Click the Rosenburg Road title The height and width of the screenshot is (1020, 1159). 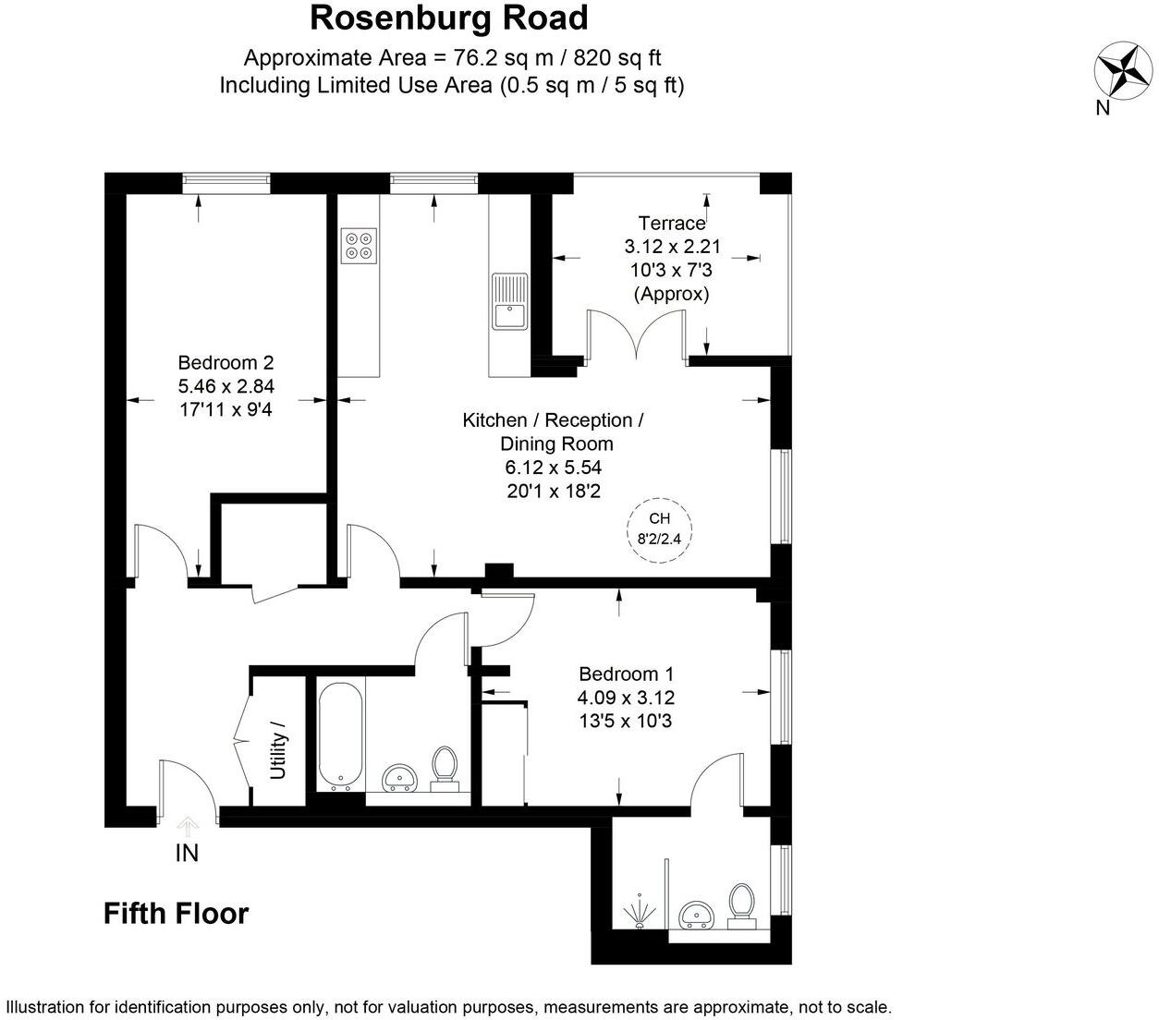point(449,18)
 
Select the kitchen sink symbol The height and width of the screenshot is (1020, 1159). point(509,301)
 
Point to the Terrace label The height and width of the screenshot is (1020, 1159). point(671,223)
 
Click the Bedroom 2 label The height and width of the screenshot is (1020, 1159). point(226,363)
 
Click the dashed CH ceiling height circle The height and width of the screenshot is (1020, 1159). point(659,528)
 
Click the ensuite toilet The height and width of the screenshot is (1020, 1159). point(741,905)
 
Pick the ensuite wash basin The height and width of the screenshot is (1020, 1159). point(698,916)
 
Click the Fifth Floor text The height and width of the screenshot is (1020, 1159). point(176,914)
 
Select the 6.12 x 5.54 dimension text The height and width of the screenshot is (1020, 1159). point(554,467)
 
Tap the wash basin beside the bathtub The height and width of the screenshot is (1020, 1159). point(401,778)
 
